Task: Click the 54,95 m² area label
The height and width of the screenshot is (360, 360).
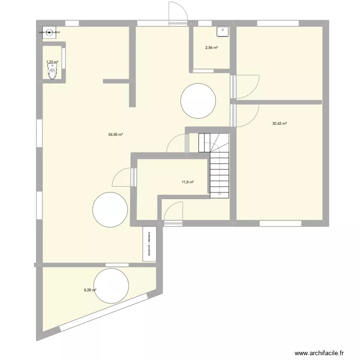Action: coord(116,135)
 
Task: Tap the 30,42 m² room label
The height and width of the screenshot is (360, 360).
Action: coord(279,123)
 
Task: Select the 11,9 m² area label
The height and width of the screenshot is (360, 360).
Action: coord(188,182)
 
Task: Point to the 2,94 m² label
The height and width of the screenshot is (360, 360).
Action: coord(211,48)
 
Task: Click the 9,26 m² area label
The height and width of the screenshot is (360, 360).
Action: coord(90,290)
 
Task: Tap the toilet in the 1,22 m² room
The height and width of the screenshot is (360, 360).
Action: coord(52,72)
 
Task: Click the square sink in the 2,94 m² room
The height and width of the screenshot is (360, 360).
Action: coord(223,31)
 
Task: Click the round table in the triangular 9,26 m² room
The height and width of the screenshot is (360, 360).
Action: coord(111,286)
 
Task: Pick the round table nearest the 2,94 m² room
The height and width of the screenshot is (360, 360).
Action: coord(198,100)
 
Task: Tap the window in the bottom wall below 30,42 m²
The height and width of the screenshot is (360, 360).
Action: coord(280,223)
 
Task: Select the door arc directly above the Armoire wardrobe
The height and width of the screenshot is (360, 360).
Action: coord(173,212)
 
